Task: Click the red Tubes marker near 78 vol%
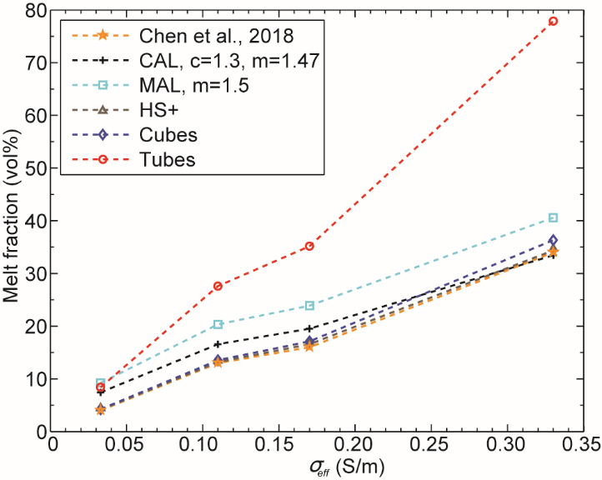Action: tap(553, 21)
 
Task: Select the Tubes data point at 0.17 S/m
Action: tap(309, 246)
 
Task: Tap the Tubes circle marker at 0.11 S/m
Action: tap(218, 286)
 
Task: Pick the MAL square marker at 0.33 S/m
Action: tap(553, 217)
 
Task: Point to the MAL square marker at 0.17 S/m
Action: tap(309, 306)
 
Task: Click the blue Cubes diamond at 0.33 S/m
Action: tap(553, 241)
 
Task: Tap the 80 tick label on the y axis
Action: tap(33, 11)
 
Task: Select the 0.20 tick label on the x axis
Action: tap(355, 446)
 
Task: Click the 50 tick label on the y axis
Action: tap(33, 168)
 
